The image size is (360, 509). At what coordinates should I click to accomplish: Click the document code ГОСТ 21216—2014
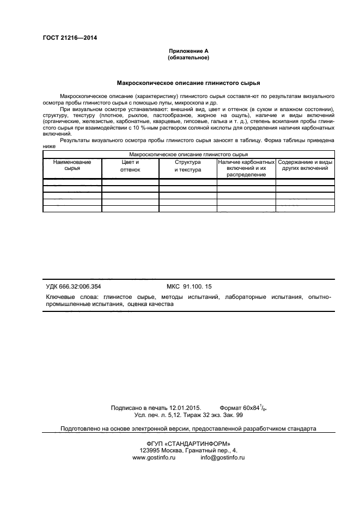pyautogui.click(x=66, y=38)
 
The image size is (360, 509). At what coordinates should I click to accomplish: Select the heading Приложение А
pyautogui.click(x=188, y=51)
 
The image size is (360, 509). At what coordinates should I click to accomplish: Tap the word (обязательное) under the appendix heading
pyautogui.click(x=188, y=57)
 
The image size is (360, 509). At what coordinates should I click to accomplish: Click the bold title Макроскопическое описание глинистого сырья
pyautogui.click(x=188, y=83)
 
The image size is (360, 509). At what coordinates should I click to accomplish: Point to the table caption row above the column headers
pyautogui.click(x=188, y=155)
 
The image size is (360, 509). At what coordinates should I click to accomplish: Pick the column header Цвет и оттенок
pyautogui.click(x=130, y=166)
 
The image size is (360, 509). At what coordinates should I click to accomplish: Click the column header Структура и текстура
pyautogui.click(x=188, y=166)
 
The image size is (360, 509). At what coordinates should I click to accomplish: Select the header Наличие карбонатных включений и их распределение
pyautogui.click(x=246, y=168)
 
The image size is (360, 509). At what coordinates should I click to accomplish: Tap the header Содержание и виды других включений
pyautogui.click(x=305, y=165)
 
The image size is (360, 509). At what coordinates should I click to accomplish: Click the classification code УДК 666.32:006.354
pyautogui.click(x=74, y=286)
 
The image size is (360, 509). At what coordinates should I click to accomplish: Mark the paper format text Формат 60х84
pyautogui.click(x=240, y=407)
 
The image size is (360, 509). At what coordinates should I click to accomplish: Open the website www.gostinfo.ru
pyautogui.click(x=154, y=458)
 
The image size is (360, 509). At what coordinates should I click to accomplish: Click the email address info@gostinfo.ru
pyautogui.click(x=222, y=458)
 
